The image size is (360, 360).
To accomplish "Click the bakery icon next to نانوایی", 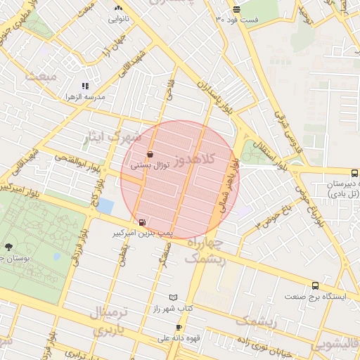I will tap(117, 8).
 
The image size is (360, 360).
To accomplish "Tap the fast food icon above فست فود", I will tap(236, 9).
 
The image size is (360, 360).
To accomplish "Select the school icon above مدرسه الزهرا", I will tap(85, 86).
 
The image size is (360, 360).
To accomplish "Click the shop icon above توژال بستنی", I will tap(150, 155).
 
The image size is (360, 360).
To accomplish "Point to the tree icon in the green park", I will tap(8, 247).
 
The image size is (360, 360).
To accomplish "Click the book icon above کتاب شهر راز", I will tap(173, 298).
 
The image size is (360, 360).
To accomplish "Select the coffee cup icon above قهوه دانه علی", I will tap(179, 328).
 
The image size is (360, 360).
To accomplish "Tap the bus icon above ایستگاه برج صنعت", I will tap(315, 285).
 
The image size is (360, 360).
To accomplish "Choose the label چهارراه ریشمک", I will tap(205, 250).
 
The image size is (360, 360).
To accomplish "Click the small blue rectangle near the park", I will tap(105, 207).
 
